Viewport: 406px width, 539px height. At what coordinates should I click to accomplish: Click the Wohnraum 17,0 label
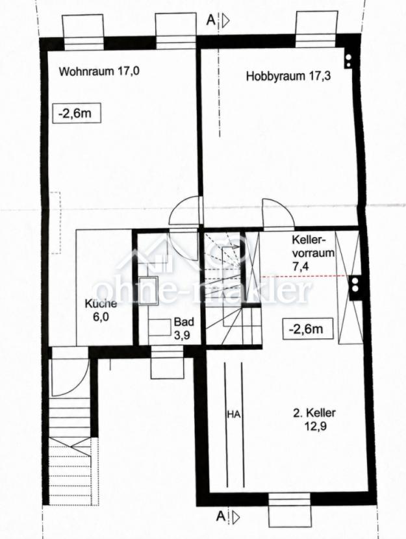(99, 72)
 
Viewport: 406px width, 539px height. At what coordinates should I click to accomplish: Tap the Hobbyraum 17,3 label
(288, 76)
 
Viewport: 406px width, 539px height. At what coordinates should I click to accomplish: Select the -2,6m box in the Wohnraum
(76, 112)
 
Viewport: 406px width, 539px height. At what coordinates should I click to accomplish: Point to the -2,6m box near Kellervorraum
(308, 329)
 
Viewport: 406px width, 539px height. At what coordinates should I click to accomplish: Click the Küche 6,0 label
(101, 310)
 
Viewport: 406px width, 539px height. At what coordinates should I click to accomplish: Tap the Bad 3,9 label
(184, 329)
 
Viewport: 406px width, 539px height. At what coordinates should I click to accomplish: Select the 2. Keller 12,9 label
(314, 420)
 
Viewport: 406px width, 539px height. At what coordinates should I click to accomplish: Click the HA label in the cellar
(233, 414)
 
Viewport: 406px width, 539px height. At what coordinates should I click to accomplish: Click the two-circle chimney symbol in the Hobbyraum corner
(348, 61)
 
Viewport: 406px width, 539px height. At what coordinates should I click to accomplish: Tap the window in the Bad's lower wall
(167, 362)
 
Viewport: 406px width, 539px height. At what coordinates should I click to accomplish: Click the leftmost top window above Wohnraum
(82, 32)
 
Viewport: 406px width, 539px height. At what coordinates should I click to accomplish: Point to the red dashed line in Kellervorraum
(305, 276)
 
